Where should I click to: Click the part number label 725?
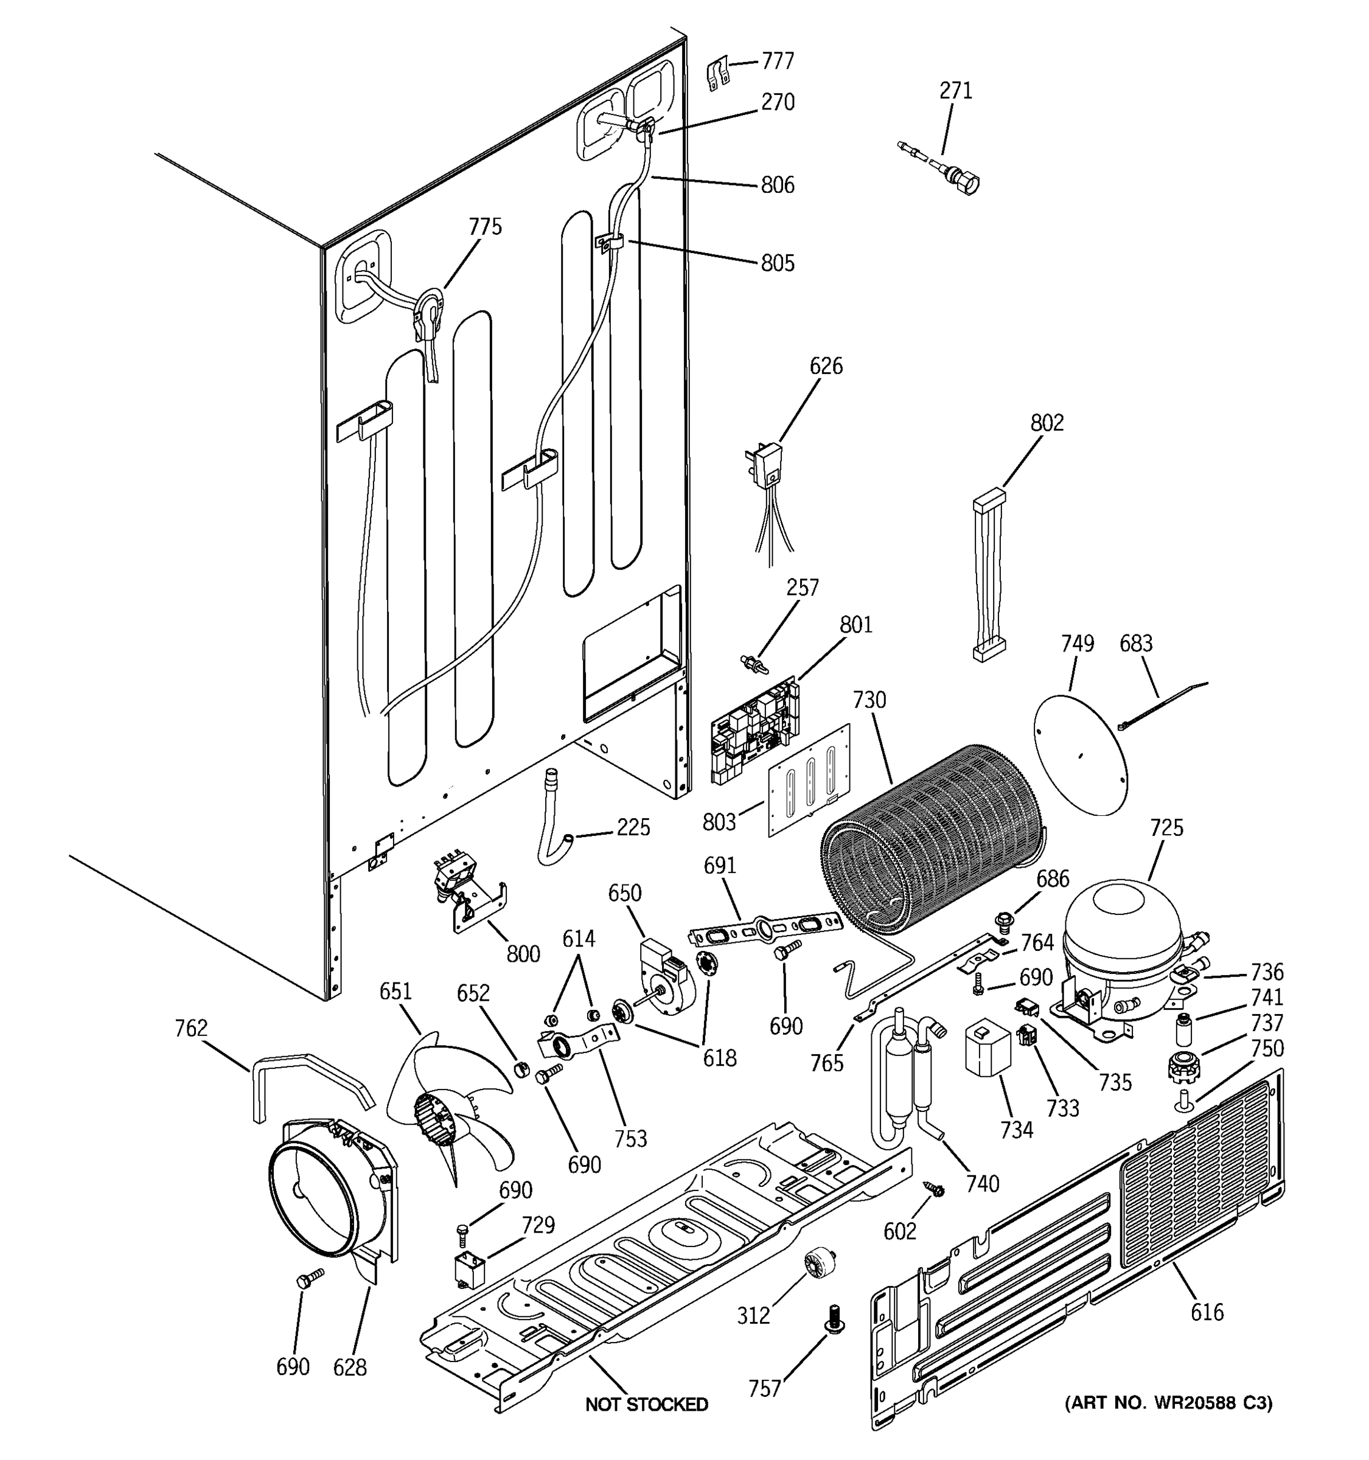click(1166, 828)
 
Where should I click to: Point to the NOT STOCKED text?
click(646, 1404)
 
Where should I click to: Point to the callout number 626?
click(826, 366)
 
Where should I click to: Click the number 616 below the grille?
click(1207, 1312)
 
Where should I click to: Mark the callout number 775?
click(485, 227)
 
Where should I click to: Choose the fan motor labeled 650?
click(664, 977)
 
